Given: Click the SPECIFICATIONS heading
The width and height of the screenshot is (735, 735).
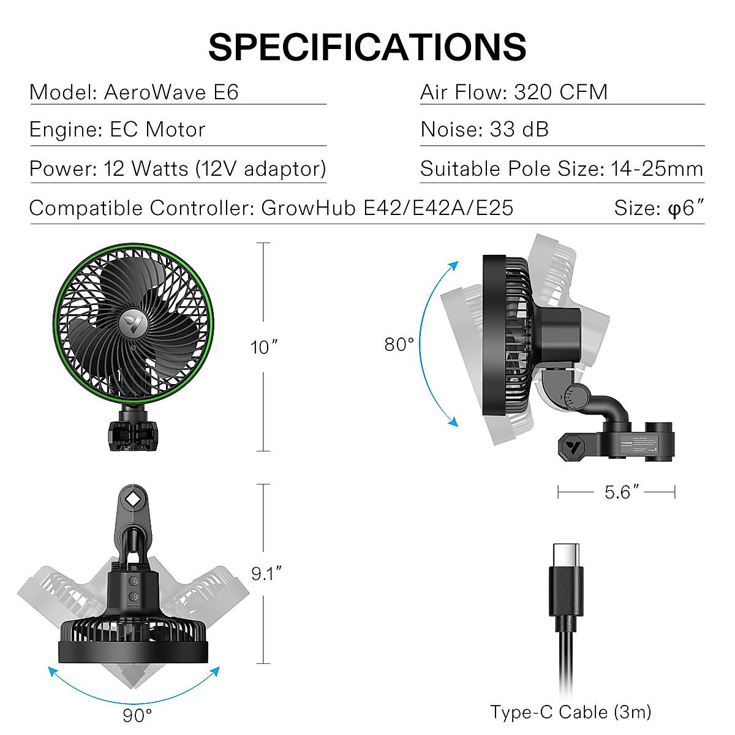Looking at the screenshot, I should (367, 47).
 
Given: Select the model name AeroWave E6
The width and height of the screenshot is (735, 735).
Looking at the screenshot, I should (171, 92).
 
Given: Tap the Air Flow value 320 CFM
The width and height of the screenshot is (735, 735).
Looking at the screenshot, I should (560, 92).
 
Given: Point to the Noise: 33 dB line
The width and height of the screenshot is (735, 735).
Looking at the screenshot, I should (484, 130).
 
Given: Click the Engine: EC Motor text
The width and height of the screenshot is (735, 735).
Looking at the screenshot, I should (118, 130).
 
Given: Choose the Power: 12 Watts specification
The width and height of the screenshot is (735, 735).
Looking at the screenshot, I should (178, 168).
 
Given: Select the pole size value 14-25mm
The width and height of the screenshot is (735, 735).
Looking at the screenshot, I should (657, 168).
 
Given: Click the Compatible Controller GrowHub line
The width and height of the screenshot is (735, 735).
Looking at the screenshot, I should (271, 208).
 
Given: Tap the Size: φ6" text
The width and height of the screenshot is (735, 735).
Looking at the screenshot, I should (658, 208).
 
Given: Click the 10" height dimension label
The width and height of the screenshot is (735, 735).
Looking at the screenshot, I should (263, 347).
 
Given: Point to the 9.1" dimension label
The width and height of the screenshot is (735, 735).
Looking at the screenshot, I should (266, 574).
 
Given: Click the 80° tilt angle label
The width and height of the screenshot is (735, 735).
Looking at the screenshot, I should (399, 345).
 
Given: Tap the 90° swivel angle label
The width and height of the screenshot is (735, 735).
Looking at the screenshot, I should (137, 714).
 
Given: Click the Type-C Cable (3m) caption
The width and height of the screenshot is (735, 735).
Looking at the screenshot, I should (570, 712).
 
